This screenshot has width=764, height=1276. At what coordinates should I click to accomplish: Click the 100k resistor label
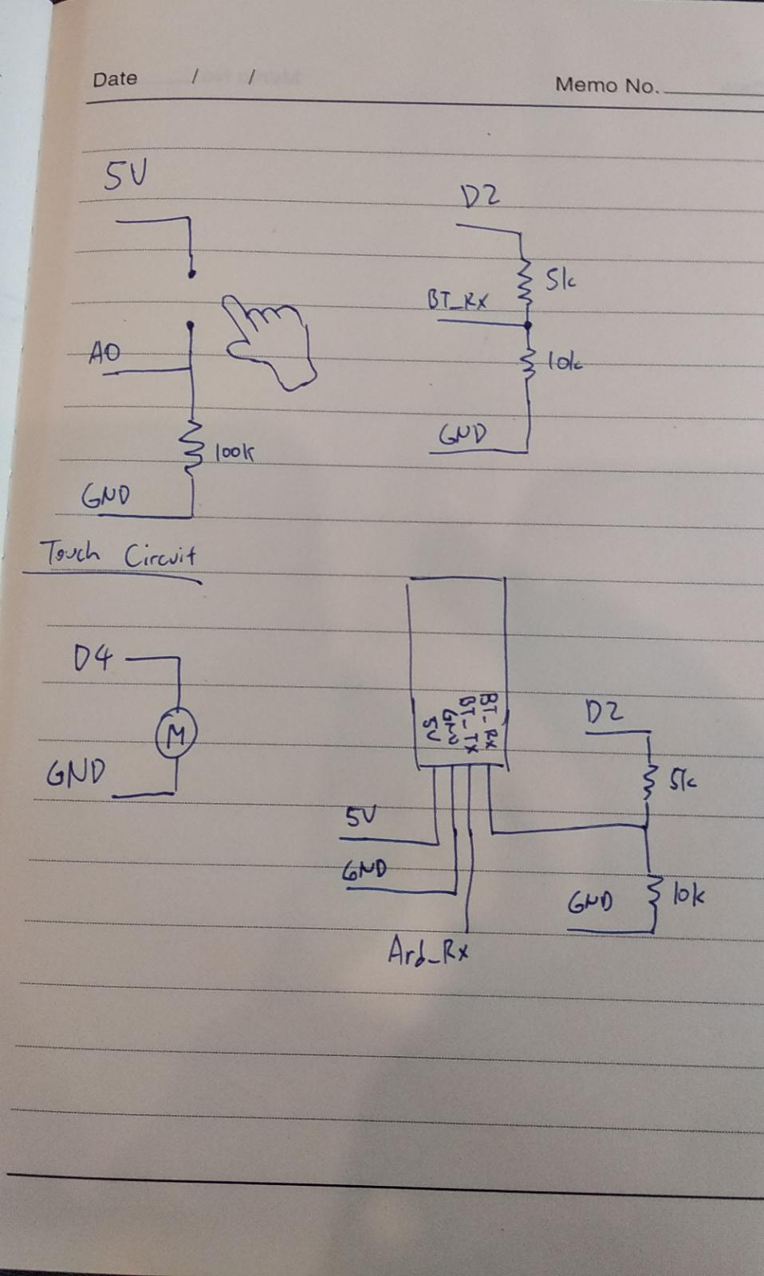tap(234, 453)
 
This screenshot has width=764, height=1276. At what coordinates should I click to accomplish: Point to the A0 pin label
tap(105, 352)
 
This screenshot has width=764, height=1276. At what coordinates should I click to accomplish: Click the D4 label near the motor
tap(93, 659)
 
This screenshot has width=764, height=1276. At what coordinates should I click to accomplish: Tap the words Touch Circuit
tap(118, 553)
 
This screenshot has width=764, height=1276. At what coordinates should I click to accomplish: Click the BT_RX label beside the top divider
tap(457, 300)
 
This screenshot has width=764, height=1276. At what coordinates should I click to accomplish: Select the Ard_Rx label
tap(427, 951)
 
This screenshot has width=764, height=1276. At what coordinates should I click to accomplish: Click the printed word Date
tap(115, 79)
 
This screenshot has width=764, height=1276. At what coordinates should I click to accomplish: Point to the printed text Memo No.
tap(607, 85)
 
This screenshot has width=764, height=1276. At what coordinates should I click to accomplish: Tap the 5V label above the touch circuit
tap(125, 175)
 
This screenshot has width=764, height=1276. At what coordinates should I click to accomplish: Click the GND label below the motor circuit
tap(76, 773)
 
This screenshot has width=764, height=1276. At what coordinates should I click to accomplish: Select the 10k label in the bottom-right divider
tap(687, 896)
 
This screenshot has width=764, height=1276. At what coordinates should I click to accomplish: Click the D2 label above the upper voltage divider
tap(481, 195)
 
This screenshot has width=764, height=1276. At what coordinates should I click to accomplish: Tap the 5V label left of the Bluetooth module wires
tap(360, 817)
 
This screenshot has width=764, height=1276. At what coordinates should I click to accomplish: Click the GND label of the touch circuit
tap(104, 496)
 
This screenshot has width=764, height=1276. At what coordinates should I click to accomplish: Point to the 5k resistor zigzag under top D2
tap(525, 279)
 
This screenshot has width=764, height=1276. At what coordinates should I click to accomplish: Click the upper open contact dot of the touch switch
tap(191, 274)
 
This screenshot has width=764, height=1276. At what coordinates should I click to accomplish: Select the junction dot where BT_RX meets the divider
tap(526, 325)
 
